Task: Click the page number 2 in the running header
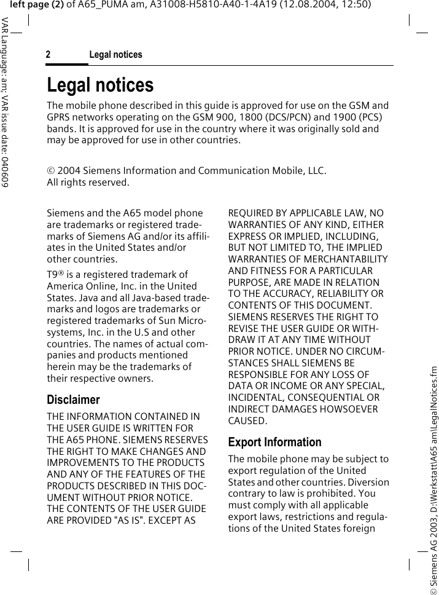pyautogui.click(x=48, y=55)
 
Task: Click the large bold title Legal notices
pyautogui.click(x=100, y=85)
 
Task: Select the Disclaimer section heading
pyautogui.click(x=73, y=400)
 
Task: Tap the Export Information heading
pyautogui.click(x=274, y=442)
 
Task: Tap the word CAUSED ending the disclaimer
pyautogui.click(x=247, y=420)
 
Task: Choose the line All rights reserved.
pyautogui.click(x=88, y=182)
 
